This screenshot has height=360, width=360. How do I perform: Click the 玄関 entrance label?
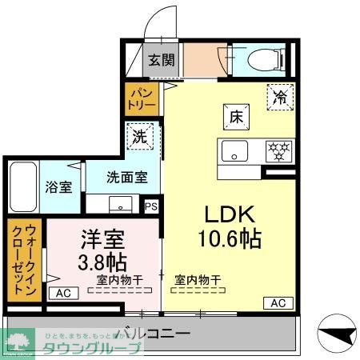tap(161, 58)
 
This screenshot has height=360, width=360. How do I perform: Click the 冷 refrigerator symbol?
tap(280, 98)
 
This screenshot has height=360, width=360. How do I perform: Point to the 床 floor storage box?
tap(237, 116)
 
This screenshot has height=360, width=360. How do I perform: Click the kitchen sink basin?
tap(234, 150)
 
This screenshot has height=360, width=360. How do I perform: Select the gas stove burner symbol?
tap(276, 150)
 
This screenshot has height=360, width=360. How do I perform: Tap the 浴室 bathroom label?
tap(58, 188)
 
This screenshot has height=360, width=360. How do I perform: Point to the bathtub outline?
tap(22, 187)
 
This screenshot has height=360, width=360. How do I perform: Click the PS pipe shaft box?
tap(152, 206)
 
